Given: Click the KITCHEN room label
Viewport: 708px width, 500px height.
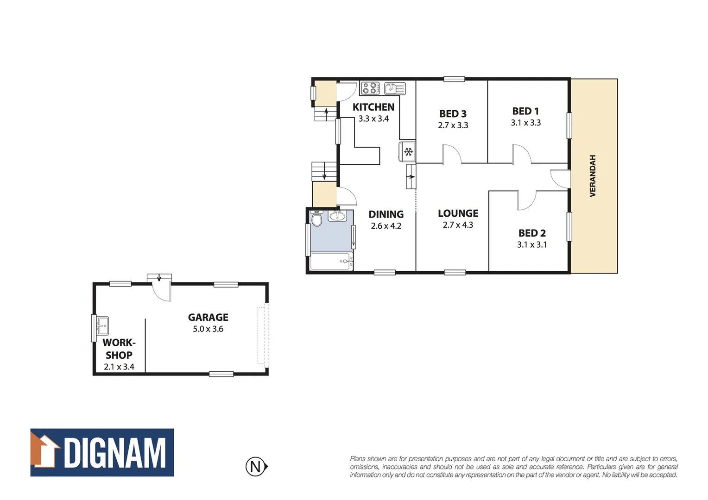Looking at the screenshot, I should coord(373,107).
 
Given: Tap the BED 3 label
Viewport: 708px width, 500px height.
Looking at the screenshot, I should coord(453,114).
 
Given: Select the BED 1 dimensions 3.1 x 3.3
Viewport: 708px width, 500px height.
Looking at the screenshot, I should coord(525,123).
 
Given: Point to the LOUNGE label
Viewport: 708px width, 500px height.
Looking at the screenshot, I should coord(458,213).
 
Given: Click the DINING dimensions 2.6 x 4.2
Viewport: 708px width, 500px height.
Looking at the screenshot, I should coord(386,226).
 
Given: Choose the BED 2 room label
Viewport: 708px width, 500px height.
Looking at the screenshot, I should coord(531,233).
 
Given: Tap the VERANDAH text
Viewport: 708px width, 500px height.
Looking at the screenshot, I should coord(592,176).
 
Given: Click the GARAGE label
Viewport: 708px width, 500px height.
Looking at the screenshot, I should coord(208,318).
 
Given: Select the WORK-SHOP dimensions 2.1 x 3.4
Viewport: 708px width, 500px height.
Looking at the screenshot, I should coord(119,367).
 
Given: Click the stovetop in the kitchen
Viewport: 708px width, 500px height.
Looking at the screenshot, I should coord(370,88).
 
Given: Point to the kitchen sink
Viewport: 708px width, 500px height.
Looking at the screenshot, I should coord(394,88).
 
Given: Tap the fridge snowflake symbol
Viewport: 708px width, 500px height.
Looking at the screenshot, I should coord(408,151).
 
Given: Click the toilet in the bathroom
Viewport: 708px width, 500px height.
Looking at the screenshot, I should coord(317,219).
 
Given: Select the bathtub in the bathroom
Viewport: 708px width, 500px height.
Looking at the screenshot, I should coord(331,262).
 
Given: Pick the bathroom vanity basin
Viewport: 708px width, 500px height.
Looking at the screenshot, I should coord(337,216).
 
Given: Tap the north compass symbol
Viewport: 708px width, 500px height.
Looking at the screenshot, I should coord(256,466).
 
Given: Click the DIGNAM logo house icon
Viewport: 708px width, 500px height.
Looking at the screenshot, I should coord(45,451).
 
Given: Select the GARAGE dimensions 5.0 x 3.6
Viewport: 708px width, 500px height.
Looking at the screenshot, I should coord(208,329).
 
